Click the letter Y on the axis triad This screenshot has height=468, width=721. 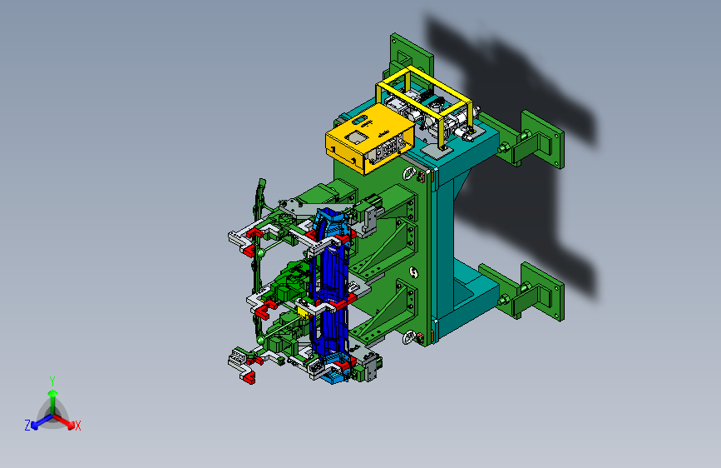pyautogui.click(x=52, y=381)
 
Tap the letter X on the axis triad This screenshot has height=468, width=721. pyautogui.click(x=77, y=426)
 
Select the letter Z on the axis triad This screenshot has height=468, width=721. pyautogui.click(x=27, y=426)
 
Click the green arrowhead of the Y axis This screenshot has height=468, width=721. pyautogui.click(x=53, y=393)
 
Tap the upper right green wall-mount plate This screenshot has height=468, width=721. pyautogui.click(x=541, y=139)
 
